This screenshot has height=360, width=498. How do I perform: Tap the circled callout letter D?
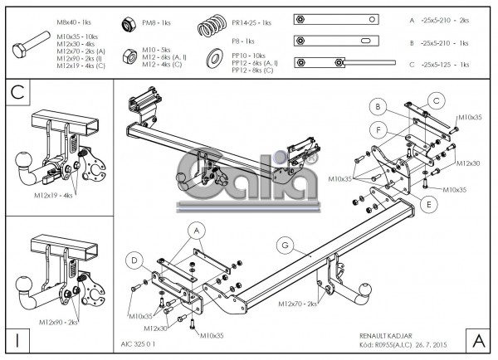(134, 260)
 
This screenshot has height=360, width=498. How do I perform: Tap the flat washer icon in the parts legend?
(213, 56)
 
